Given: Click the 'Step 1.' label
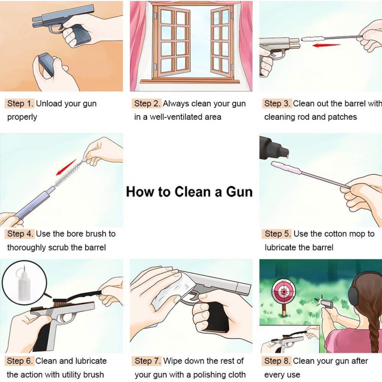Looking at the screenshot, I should point(21,104).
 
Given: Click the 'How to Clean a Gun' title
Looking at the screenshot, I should point(189,192).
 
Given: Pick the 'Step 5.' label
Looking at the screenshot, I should point(277,234).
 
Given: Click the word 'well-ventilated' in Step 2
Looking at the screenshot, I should point(180,117).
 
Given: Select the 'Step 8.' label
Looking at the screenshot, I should point(277,361).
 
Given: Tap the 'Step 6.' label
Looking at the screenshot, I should point(21,361).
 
